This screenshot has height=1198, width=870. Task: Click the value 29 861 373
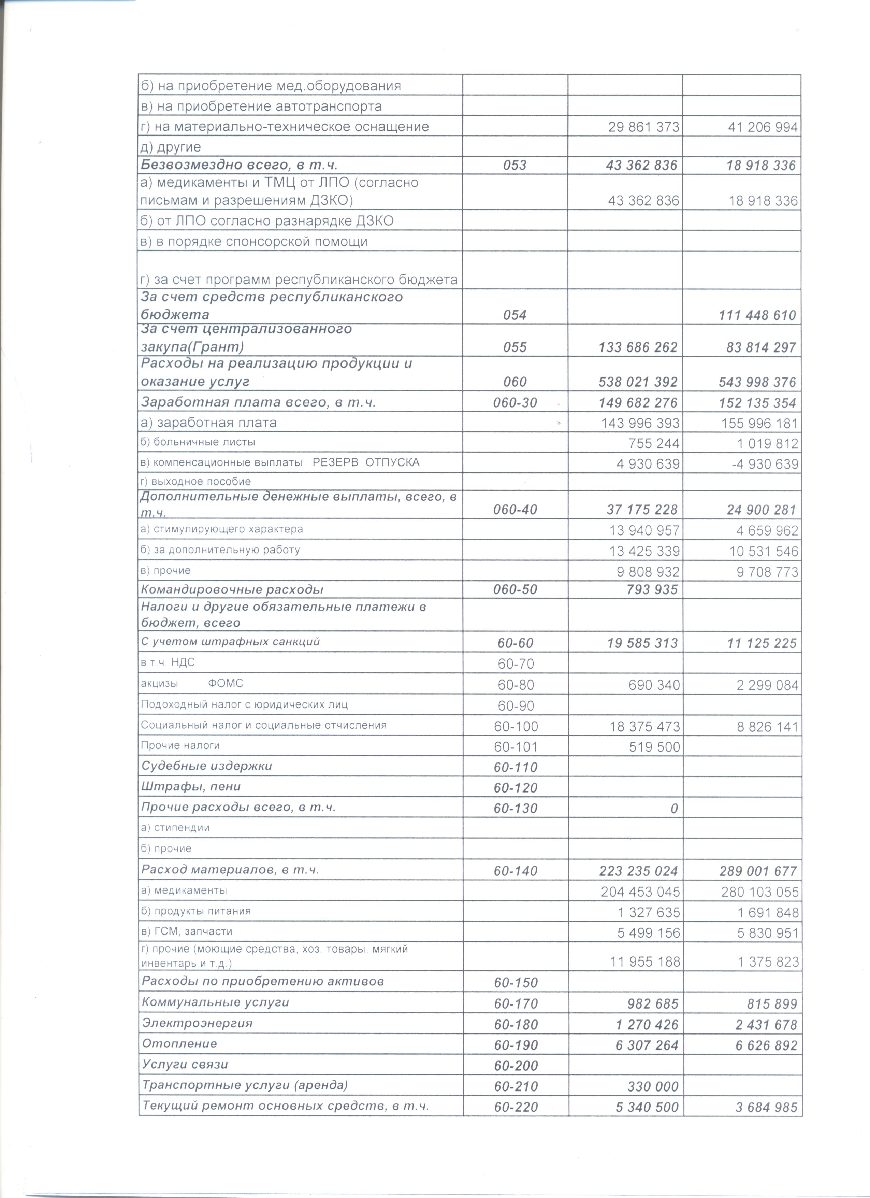point(643,127)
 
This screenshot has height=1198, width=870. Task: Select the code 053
point(515,165)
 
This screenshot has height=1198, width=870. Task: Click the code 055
point(515,347)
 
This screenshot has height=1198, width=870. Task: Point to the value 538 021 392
point(638,382)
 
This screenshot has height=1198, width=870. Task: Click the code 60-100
point(516,726)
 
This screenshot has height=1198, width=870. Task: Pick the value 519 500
point(654,747)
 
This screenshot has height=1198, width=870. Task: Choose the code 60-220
point(516,1107)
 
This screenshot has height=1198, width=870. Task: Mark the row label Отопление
point(179,1044)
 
